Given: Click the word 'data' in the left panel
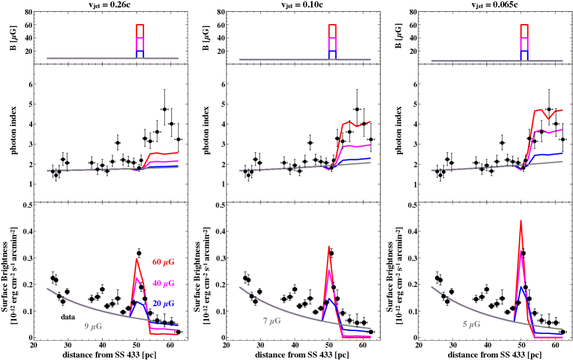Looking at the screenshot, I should coord(67,316).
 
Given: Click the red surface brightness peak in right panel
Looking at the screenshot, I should coord(521,221).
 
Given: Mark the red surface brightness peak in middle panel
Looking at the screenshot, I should coord(329,247).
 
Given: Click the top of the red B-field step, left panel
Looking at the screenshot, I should coord(140,25).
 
